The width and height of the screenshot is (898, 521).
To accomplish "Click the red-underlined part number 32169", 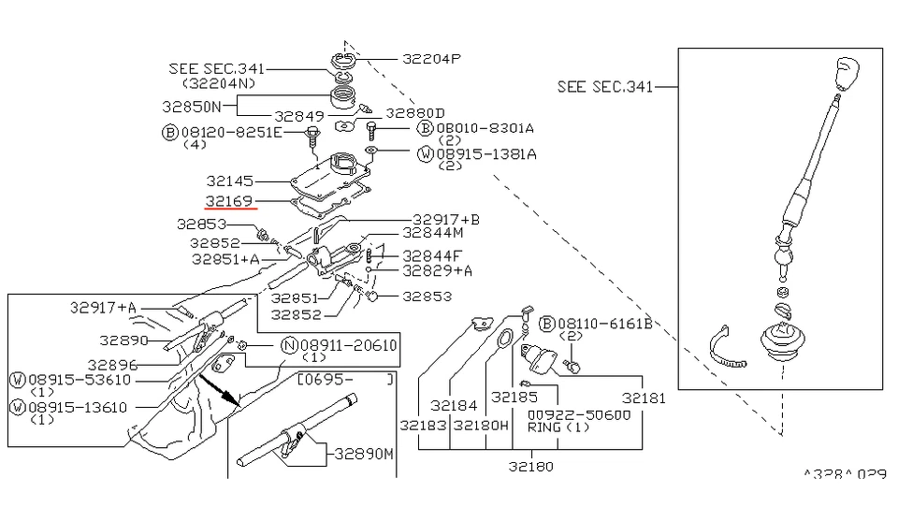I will click(230, 201).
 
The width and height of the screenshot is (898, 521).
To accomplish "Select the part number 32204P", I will click(432, 58).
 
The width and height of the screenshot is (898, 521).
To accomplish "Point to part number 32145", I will click(230, 180).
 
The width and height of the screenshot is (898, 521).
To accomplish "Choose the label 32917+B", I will click(445, 220).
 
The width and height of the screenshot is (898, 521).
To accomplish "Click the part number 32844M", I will click(433, 232).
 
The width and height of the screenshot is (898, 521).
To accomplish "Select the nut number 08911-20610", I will click(348, 345).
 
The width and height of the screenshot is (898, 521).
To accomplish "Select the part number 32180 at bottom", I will click(530, 466).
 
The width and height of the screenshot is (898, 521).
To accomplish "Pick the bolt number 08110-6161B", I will click(604, 324).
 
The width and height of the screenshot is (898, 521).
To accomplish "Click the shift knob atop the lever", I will click(846, 71).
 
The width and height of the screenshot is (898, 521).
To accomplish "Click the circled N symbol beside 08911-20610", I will click(289, 345).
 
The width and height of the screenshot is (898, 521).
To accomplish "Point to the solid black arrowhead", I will click(230, 399).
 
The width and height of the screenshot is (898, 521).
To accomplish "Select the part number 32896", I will click(113, 365).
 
